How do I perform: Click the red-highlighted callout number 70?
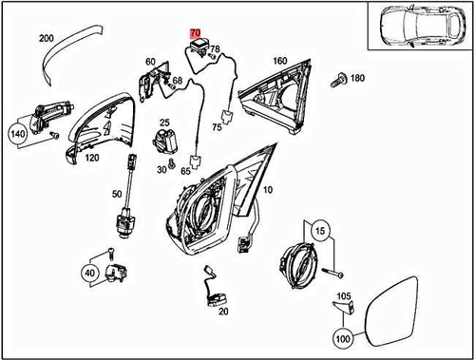click(197, 32)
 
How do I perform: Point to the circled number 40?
click(91, 272)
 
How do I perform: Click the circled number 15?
click(319, 231)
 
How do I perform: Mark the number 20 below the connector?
click(223, 311)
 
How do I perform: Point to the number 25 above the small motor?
click(163, 123)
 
